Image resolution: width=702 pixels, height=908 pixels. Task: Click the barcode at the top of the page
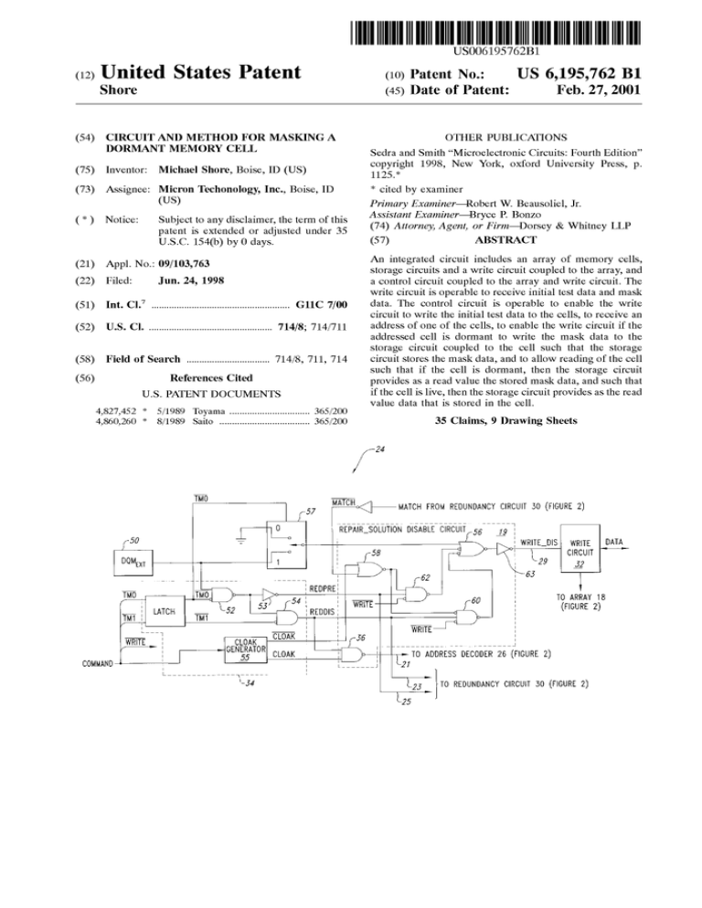pos(495,33)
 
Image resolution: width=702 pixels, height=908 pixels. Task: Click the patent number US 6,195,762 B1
pos(579,74)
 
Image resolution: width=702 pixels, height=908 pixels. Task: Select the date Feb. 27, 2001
pos(598,90)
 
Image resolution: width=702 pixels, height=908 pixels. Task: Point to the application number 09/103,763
pos(184,263)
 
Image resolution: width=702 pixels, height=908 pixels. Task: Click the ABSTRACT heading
pos(505,239)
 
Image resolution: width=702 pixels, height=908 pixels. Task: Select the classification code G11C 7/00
pos(321,304)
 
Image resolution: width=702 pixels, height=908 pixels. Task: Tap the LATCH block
pos(165,611)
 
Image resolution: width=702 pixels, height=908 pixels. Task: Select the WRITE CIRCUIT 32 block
pos(580,548)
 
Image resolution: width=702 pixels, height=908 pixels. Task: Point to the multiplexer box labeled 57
pos(286,545)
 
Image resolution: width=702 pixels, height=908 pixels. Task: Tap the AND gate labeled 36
pos(353,655)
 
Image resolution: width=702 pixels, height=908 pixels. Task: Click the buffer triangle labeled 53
pos(270,594)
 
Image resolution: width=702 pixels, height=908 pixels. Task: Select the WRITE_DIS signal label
pos(538,543)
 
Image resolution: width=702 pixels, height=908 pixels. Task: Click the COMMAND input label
pos(98,663)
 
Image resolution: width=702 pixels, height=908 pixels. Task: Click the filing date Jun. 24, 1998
pos(191,280)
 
